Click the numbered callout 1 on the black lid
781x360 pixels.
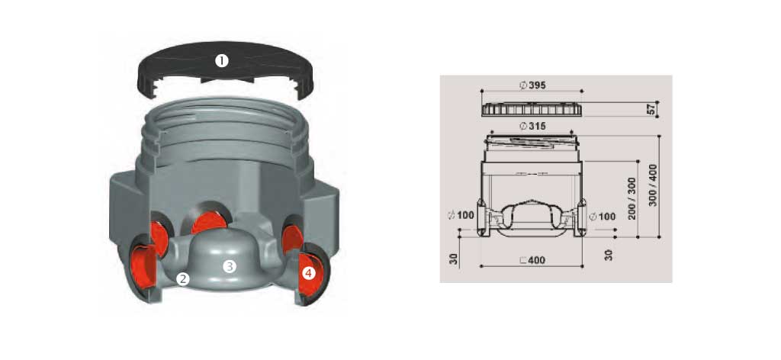click(x=222, y=61)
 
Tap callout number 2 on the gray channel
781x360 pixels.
click(x=183, y=279)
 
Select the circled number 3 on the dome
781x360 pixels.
click(x=229, y=267)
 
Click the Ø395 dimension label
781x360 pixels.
click(x=532, y=85)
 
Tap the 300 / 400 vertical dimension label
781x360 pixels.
click(x=653, y=185)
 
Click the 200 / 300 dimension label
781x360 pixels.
click(x=632, y=198)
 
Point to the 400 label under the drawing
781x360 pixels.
click(x=536, y=260)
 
